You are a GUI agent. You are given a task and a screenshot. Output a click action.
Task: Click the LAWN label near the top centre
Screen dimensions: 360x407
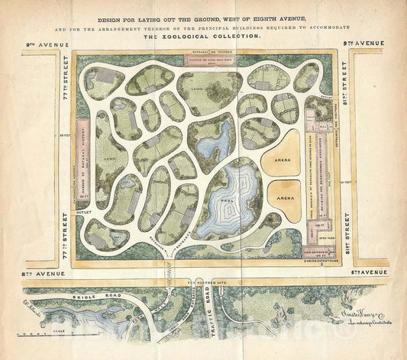click(x=200, y=89)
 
